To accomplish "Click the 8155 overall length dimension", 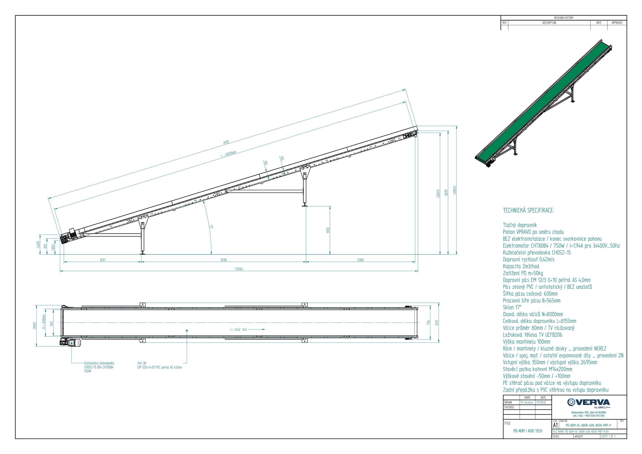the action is [x=226, y=142].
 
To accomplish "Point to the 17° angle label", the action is [x=211, y=227].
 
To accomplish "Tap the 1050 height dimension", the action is [x=328, y=230].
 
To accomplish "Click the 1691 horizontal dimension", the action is [x=103, y=260].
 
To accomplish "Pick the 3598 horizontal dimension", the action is [x=223, y=260].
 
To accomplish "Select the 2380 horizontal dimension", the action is [x=360, y=260].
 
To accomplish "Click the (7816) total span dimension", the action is [x=239, y=269].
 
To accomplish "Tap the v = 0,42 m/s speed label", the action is [x=238, y=329].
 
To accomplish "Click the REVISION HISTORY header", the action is [x=564, y=18].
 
